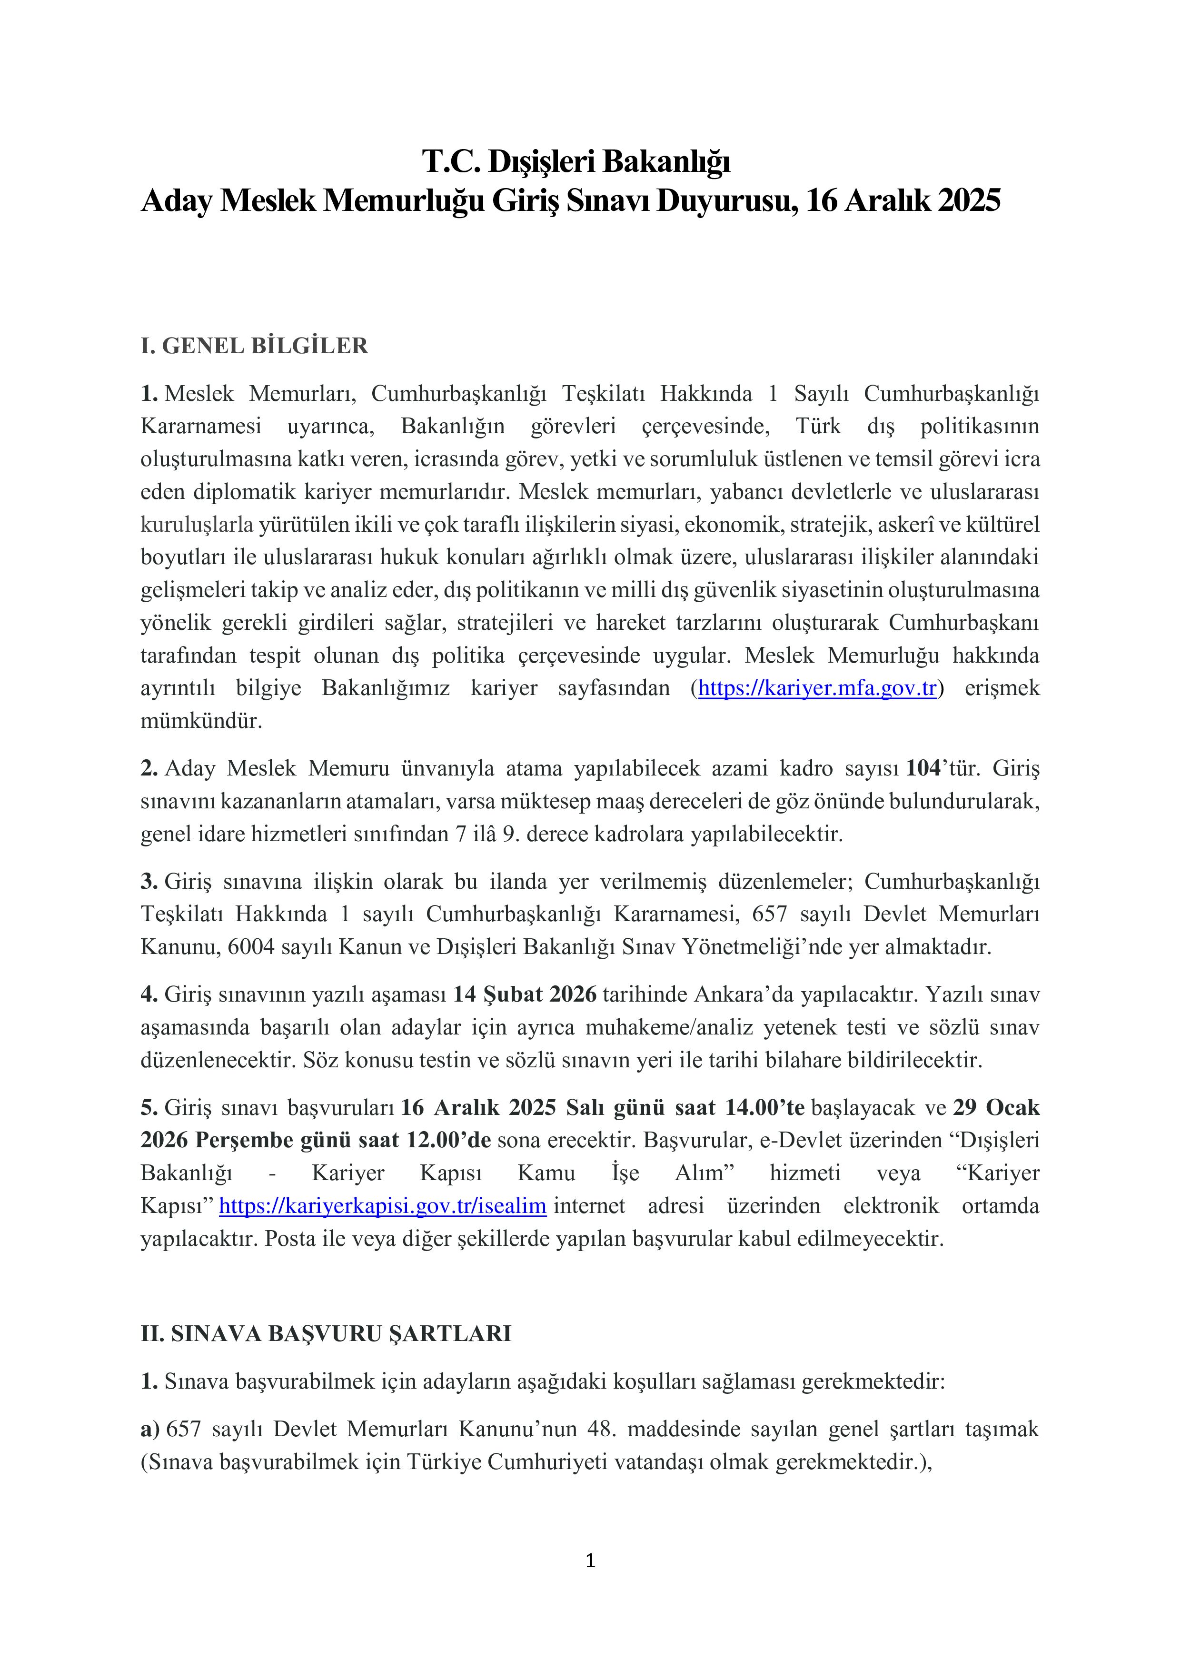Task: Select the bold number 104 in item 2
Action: [x=922, y=768]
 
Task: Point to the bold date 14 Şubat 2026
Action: [x=524, y=994]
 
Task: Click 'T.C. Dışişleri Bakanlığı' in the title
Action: [x=576, y=161]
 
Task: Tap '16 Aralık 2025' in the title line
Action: [x=903, y=201]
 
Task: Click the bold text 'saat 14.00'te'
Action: [x=740, y=1108]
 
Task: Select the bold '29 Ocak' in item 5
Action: [x=995, y=1108]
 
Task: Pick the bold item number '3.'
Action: [x=149, y=882]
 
